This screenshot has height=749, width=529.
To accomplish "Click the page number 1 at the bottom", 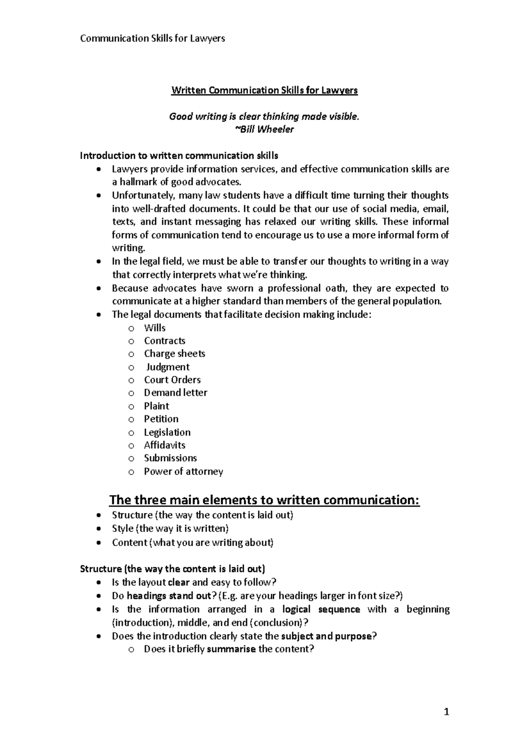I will pos(446,712).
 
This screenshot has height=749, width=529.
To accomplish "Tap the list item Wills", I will pos(155,328).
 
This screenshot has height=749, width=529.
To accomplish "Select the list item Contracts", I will pos(164,341).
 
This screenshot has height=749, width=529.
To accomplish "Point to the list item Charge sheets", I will pos(174,353).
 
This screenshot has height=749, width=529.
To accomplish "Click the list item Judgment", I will pos(168,367).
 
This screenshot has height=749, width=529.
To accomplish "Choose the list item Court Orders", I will pos(172,380).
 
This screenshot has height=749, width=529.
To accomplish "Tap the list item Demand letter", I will pos(175,393).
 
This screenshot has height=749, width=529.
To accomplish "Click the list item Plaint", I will pos(156,406).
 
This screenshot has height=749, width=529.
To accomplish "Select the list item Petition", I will pos(161,419).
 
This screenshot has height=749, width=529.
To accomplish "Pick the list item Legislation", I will pos(167,432).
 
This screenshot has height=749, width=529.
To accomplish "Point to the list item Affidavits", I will pos(164,445).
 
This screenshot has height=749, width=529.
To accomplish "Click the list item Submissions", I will pos(170,458).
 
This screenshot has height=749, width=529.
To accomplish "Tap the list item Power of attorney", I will pos(183,472).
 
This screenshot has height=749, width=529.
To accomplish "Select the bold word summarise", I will pos(231,649).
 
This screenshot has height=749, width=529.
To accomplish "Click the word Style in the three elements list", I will pos(123,528).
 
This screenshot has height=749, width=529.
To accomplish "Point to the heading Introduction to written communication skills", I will pos(179,155).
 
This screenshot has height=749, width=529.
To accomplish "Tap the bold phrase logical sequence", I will pos(321,609).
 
